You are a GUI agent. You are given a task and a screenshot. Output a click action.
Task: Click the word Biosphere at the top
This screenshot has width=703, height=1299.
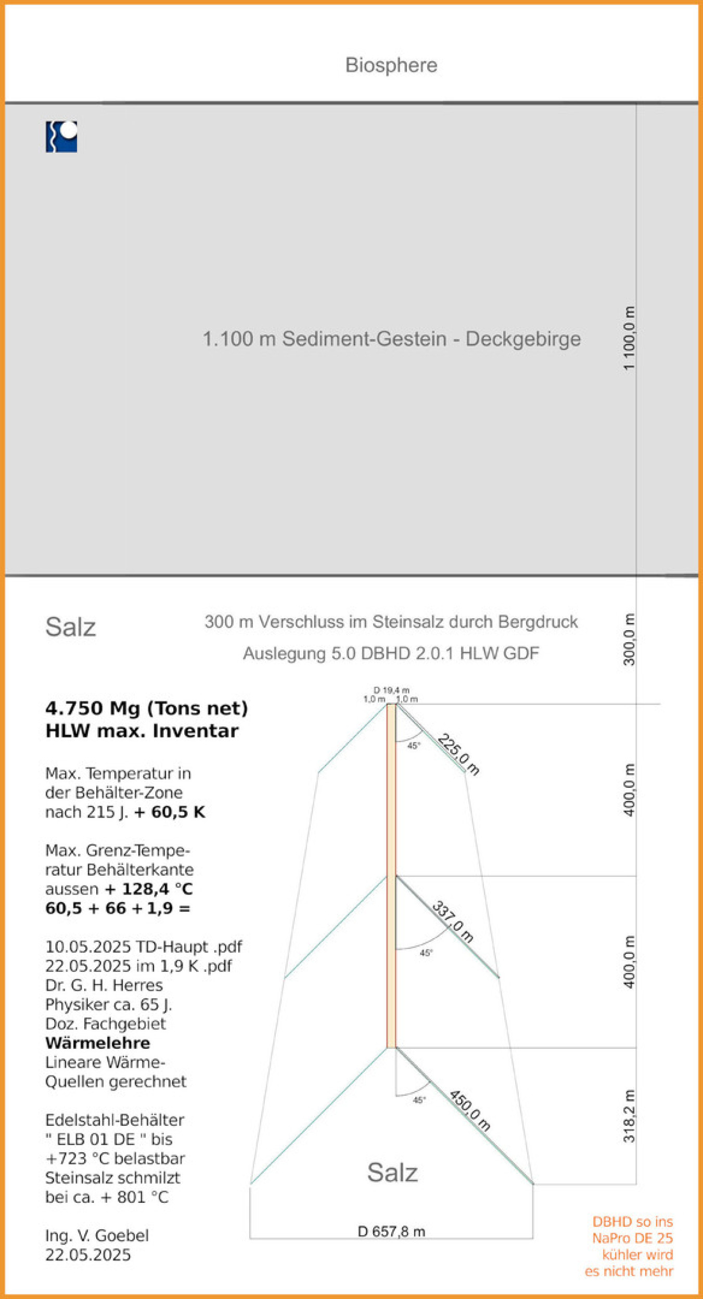[x=391, y=65]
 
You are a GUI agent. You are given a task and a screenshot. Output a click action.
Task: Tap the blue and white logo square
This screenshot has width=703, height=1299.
[x=61, y=137]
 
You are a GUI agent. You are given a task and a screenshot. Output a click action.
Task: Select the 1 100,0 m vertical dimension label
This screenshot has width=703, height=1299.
[x=629, y=338]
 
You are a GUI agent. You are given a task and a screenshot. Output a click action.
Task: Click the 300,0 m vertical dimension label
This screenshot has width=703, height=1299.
[x=629, y=639]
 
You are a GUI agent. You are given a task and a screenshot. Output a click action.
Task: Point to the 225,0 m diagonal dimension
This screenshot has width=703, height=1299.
[x=458, y=754]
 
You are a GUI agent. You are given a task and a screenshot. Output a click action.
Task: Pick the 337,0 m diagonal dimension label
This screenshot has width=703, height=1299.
[x=453, y=921]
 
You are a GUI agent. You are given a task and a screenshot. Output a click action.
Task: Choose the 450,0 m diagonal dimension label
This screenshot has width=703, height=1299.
[x=469, y=1110]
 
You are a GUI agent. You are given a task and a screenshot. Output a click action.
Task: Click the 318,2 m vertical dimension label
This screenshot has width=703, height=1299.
[x=629, y=1116]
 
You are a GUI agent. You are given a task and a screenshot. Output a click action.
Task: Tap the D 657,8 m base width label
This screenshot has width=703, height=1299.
[x=391, y=1231]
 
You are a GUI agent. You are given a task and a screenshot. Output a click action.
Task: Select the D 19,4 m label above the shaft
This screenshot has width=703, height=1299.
[x=391, y=690]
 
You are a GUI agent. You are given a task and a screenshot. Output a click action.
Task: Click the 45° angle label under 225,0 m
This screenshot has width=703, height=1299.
[x=413, y=746]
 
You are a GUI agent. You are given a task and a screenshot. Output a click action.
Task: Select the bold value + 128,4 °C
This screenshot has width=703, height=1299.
[x=149, y=889]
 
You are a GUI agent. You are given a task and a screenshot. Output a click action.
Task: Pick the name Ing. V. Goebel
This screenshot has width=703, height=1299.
[x=97, y=1235]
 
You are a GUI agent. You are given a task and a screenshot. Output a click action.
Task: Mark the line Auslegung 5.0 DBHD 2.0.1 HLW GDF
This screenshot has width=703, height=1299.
[x=391, y=653]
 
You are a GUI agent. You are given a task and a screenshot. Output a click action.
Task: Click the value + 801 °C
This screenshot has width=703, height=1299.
[x=135, y=1197]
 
